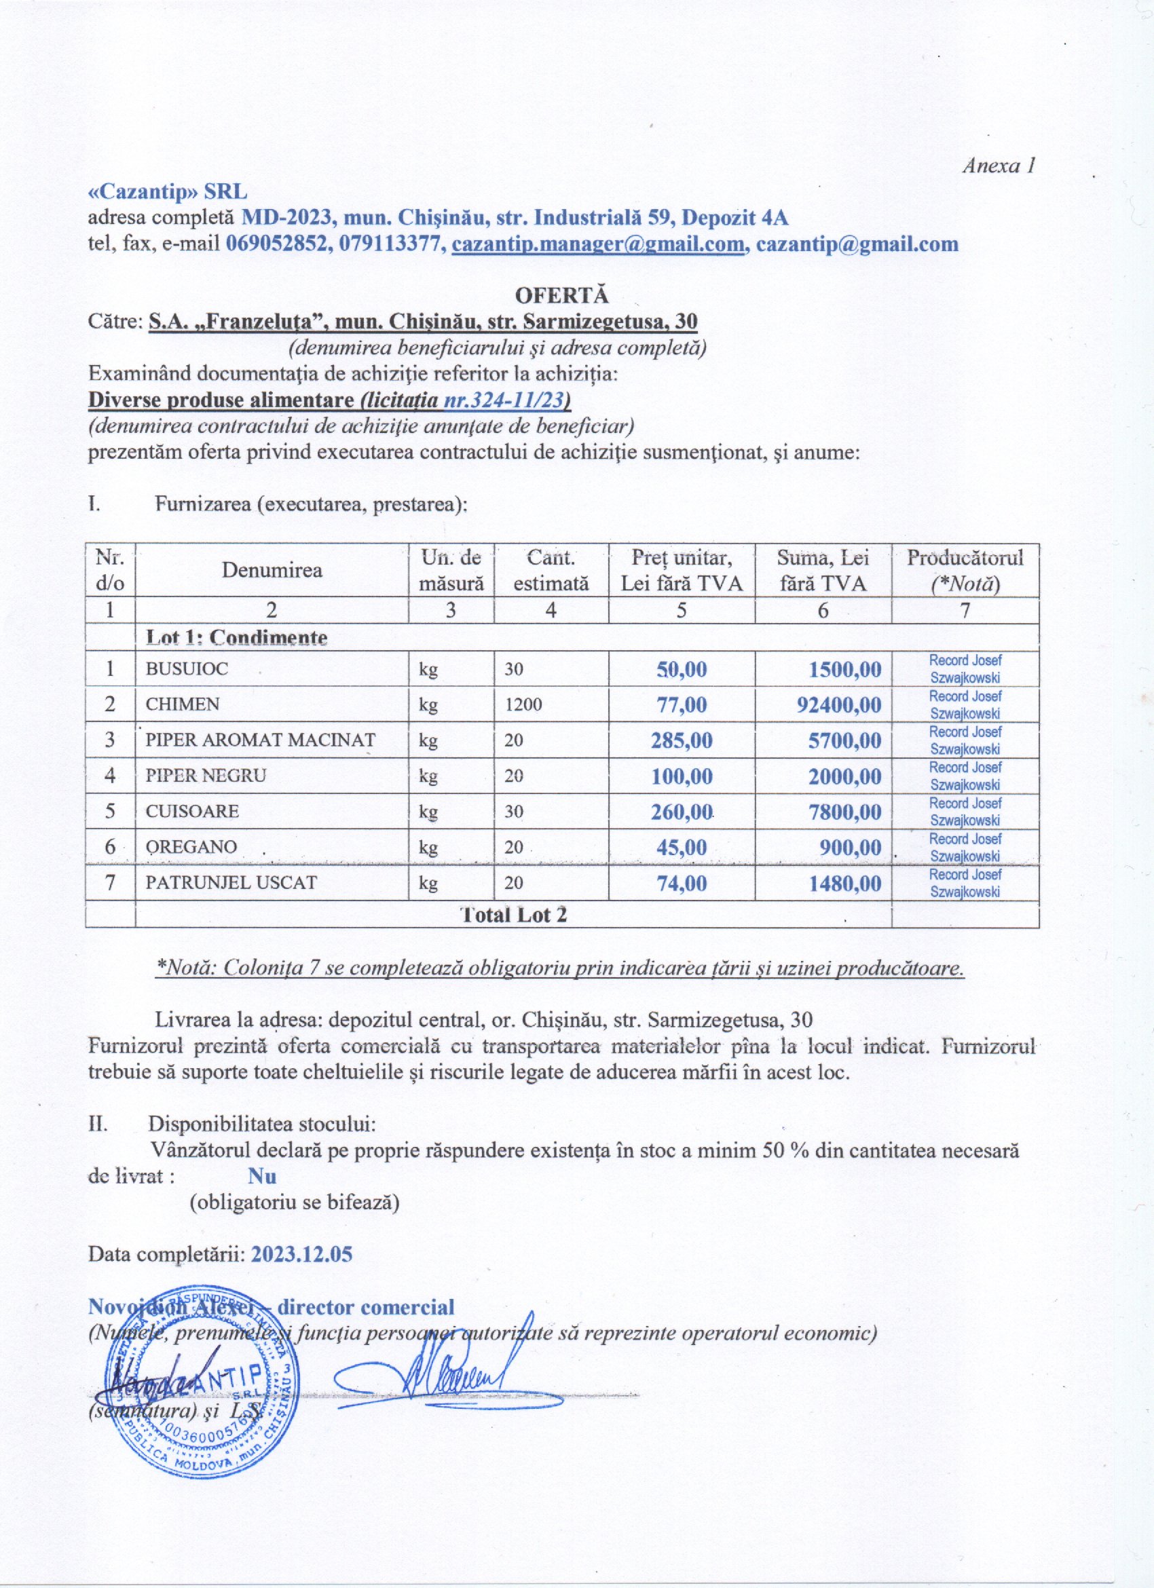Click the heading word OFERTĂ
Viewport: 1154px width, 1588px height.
pos(562,294)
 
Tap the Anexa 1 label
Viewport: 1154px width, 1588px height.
pos(999,166)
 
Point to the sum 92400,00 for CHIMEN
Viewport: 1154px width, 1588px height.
pos(839,704)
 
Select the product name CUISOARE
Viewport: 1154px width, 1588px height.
pos(192,812)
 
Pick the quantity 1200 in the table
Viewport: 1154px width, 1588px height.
pos(523,704)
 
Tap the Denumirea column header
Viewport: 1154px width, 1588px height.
pos(272,570)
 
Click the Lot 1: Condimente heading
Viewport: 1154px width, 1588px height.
pos(236,638)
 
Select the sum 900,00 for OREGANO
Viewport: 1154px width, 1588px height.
pos(850,848)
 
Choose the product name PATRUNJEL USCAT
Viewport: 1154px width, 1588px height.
pos(231,883)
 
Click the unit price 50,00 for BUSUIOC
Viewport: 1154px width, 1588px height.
pos(682,669)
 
